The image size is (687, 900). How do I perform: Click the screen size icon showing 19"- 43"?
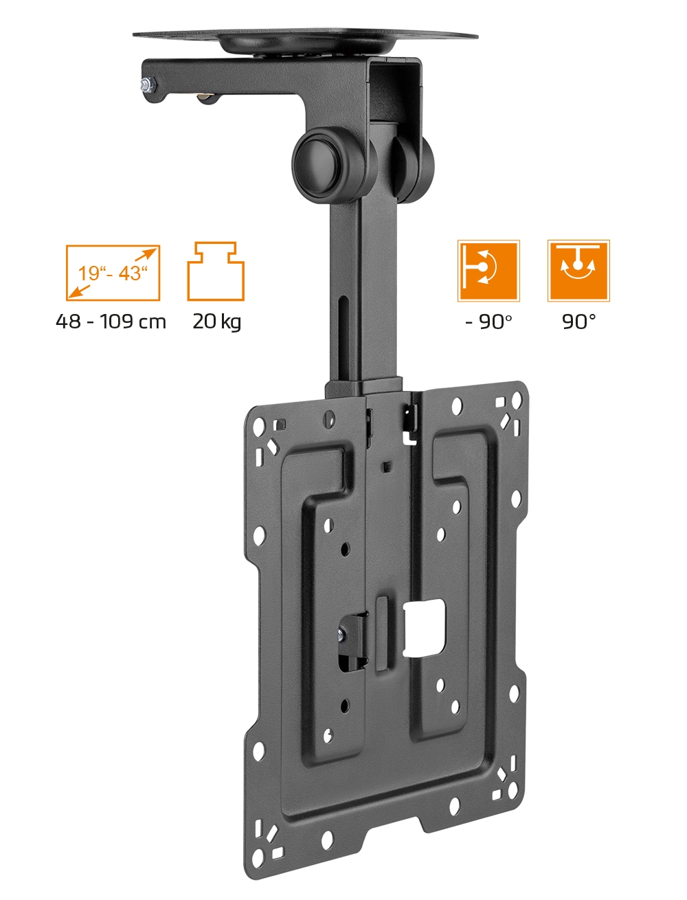pos(113,273)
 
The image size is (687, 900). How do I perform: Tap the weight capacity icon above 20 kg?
pos(216,271)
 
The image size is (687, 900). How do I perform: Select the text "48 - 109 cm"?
pos(111,322)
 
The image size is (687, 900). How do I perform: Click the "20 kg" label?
pos(217,322)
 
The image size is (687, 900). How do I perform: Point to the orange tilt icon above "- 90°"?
pos(488,271)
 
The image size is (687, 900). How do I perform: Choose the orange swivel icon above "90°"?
pos(578,271)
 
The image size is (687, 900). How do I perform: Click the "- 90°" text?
pos(488,322)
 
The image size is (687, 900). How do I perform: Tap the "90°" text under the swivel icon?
pos(578,322)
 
